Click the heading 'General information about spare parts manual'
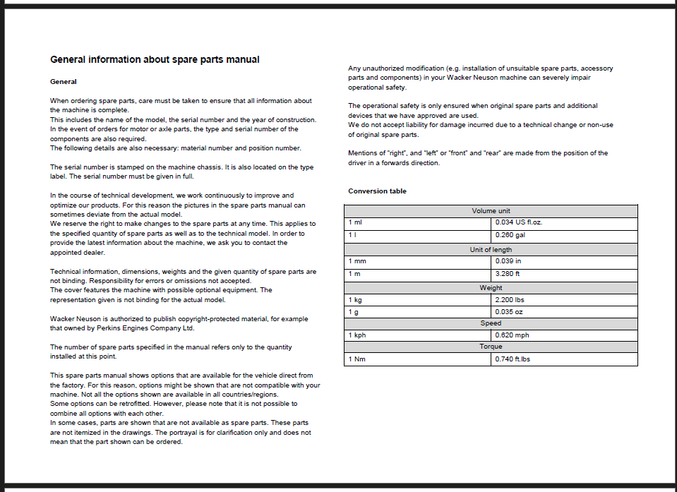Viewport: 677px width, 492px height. click(x=155, y=60)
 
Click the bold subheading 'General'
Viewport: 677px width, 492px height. click(x=64, y=82)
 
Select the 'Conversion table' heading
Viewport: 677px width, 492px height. click(x=377, y=191)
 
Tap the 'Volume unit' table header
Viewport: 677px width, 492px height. click(x=491, y=211)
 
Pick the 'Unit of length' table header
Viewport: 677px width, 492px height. click(x=491, y=250)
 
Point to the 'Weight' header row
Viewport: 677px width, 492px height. click(x=491, y=288)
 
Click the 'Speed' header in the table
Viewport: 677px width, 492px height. click(x=491, y=323)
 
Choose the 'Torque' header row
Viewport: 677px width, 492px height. click(x=491, y=347)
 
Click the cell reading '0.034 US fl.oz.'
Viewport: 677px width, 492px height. click(x=519, y=222)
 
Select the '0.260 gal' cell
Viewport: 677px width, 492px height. click(x=510, y=235)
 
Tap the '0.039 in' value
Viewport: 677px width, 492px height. click(x=508, y=261)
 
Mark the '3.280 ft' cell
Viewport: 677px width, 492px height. click(x=508, y=274)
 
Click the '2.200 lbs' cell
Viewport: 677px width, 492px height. click(x=510, y=299)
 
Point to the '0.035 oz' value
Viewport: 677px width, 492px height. click(x=508, y=311)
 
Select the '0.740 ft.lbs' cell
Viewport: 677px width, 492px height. click(x=513, y=359)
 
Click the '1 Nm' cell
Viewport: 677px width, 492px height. click(x=357, y=359)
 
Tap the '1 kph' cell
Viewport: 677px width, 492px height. click(x=357, y=335)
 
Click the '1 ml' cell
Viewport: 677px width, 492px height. click(x=355, y=222)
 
